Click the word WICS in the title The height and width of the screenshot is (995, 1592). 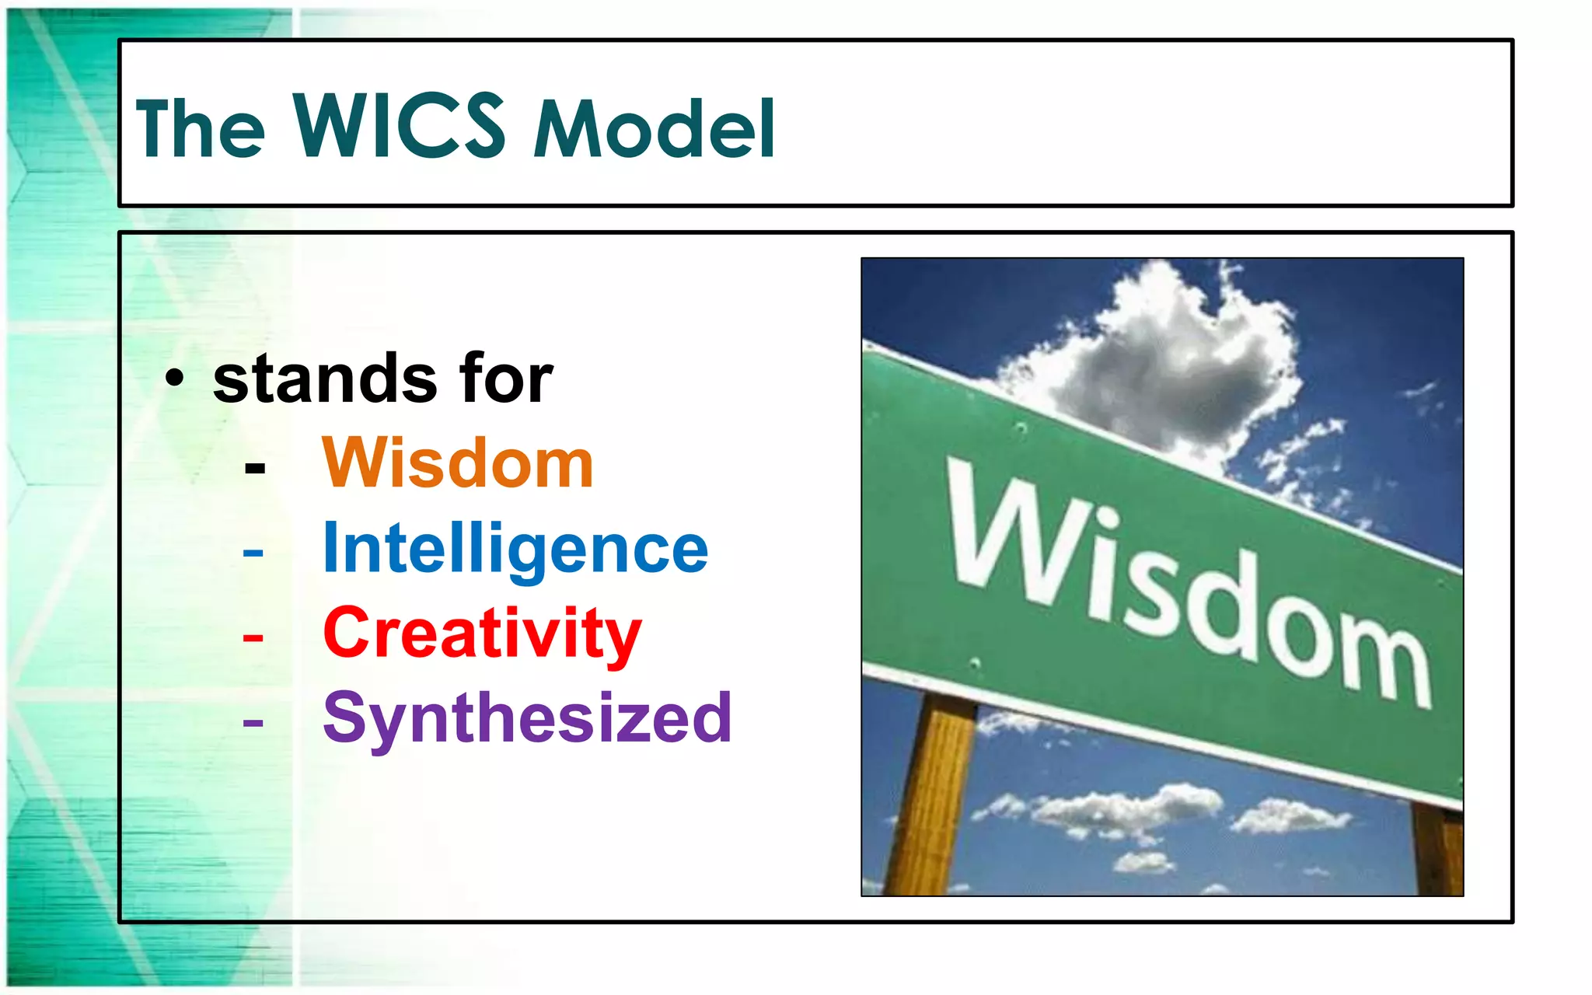[399, 126]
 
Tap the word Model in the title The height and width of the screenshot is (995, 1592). [655, 130]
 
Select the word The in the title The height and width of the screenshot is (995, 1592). [200, 130]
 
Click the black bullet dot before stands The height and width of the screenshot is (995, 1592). [175, 379]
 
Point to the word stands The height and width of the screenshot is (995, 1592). [325, 379]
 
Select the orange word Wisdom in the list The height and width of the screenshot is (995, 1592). [458, 464]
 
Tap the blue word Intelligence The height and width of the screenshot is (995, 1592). [515, 550]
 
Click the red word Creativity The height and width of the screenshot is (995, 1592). [482, 634]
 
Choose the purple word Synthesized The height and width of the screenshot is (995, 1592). [527, 718]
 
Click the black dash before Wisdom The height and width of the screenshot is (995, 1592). [254, 469]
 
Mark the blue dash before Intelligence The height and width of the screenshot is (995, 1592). [253, 553]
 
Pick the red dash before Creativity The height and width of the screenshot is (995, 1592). [253, 638]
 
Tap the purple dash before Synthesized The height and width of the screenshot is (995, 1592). [253, 723]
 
